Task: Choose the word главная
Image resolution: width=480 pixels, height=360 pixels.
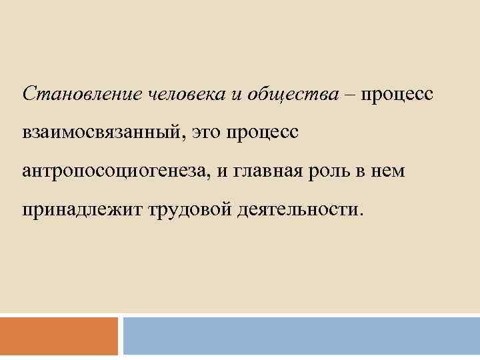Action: tap(274, 172)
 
